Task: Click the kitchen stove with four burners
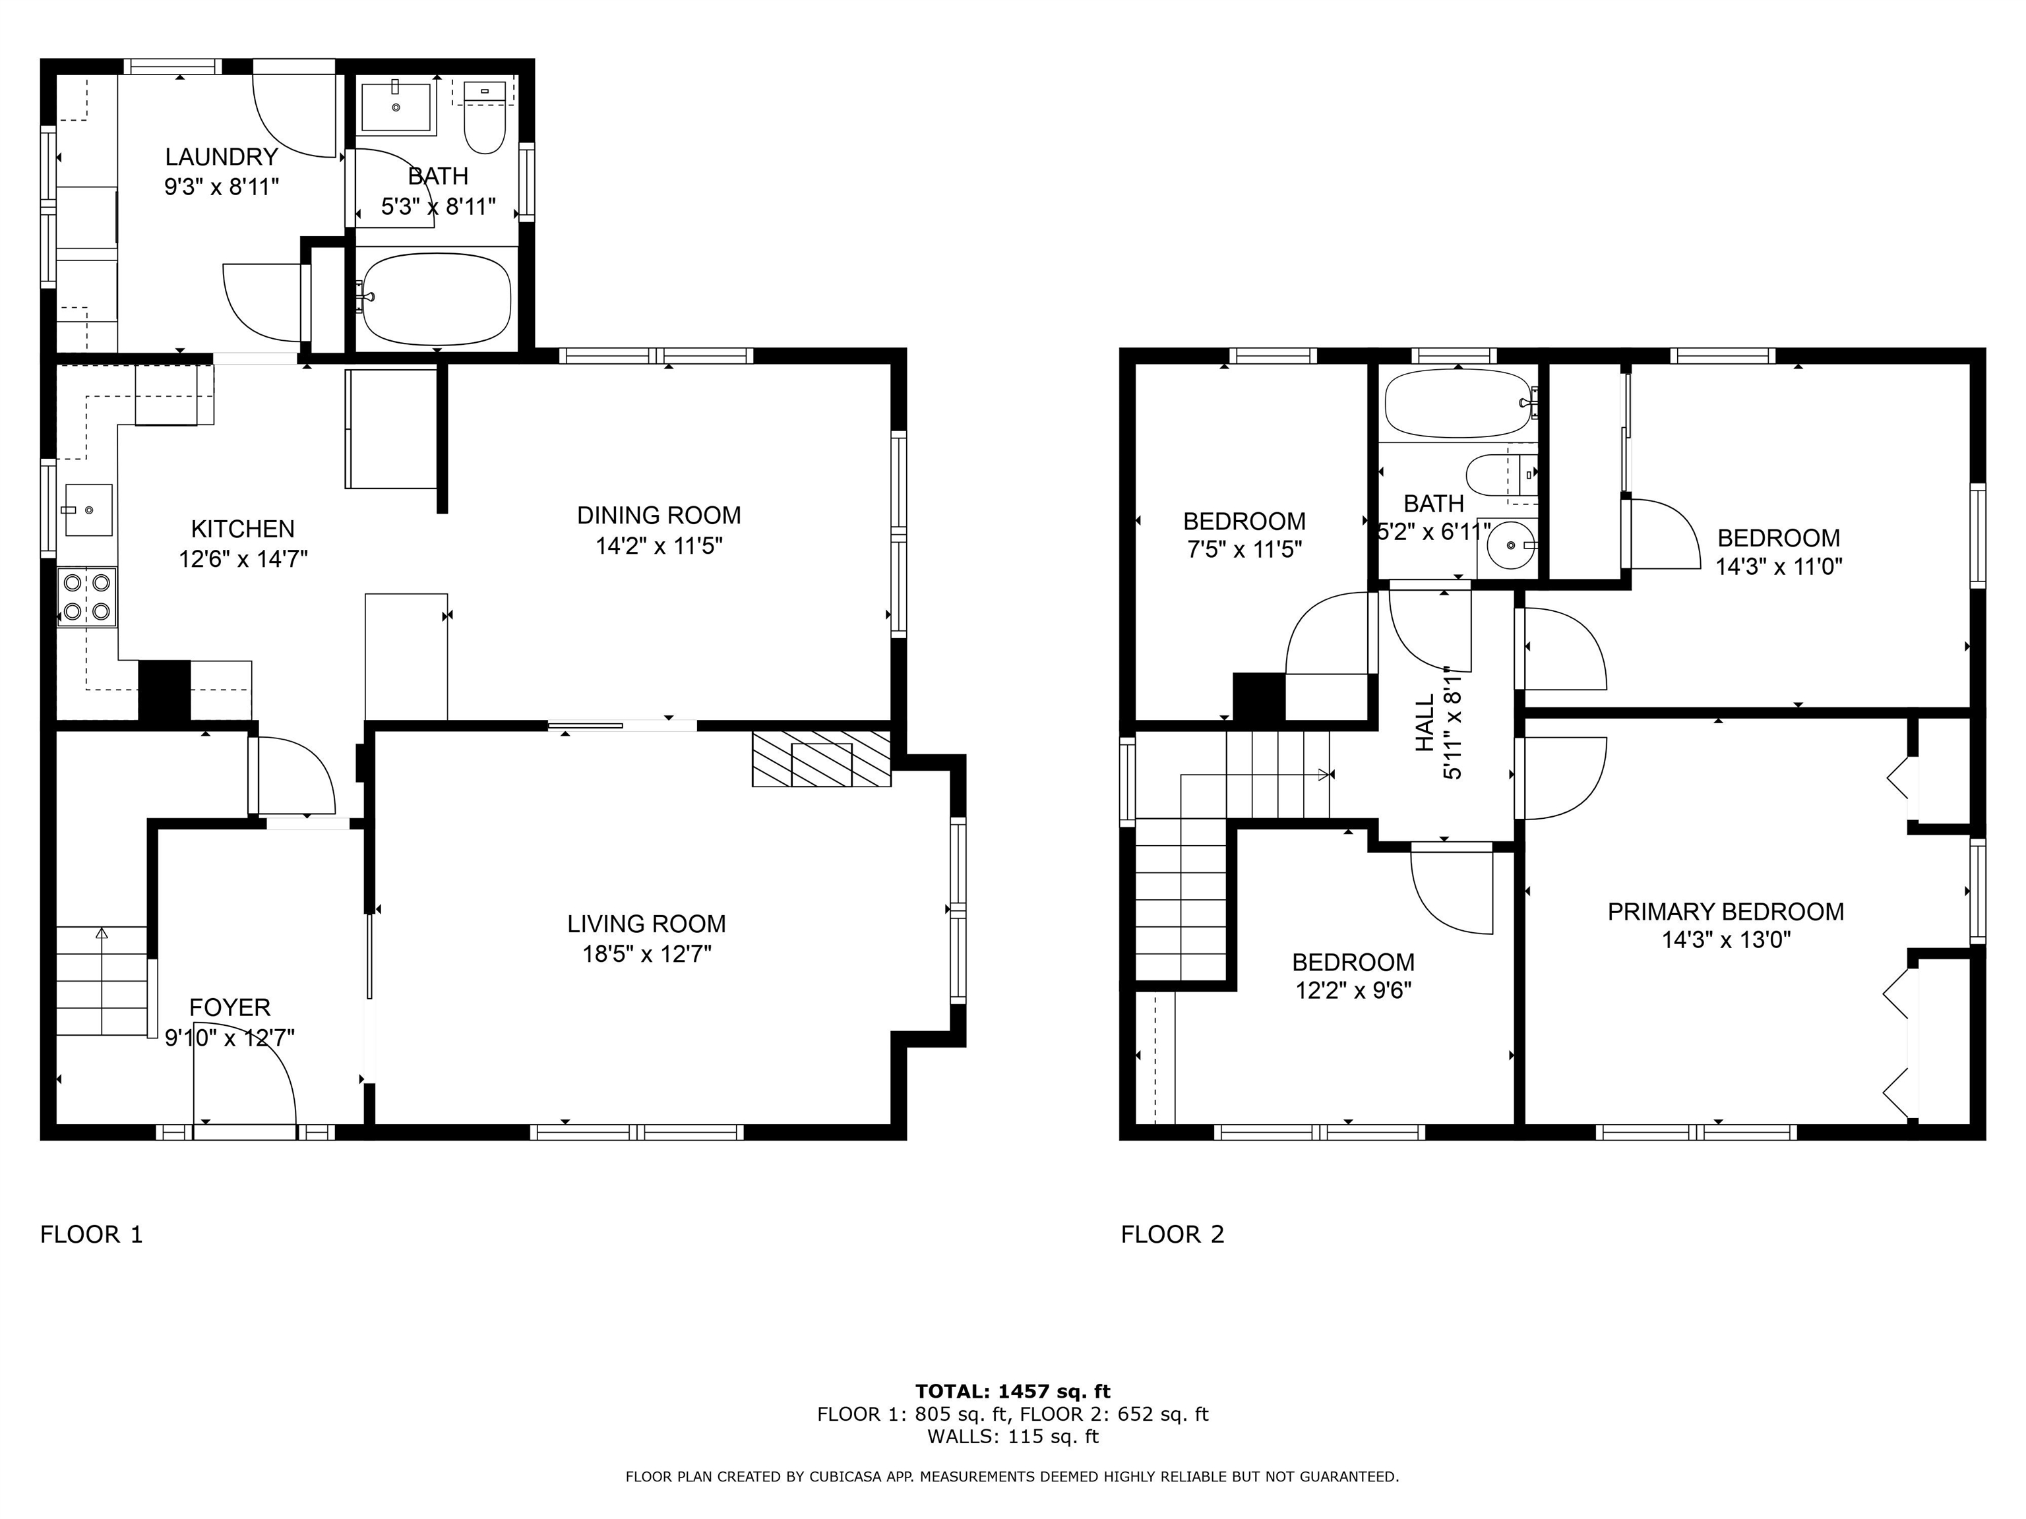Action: pyautogui.click(x=87, y=597)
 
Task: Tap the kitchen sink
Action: pyautogui.click(x=87, y=510)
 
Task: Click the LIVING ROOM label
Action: pyautogui.click(x=646, y=924)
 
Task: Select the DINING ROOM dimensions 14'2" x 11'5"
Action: pyautogui.click(x=660, y=547)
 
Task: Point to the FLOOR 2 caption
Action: pyautogui.click(x=1173, y=1234)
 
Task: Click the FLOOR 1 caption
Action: pyautogui.click(x=92, y=1234)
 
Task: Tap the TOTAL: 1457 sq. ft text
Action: pyautogui.click(x=1013, y=1392)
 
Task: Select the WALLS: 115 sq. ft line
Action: pyautogui.click(x=1013, y=1437)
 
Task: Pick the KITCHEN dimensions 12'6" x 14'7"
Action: pyautogui.click(x=243, y=558)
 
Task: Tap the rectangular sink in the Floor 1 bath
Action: pyautogui.click(x=396, y=107)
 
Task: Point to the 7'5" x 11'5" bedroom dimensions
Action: pyautogui.click(x=1244, y=549)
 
